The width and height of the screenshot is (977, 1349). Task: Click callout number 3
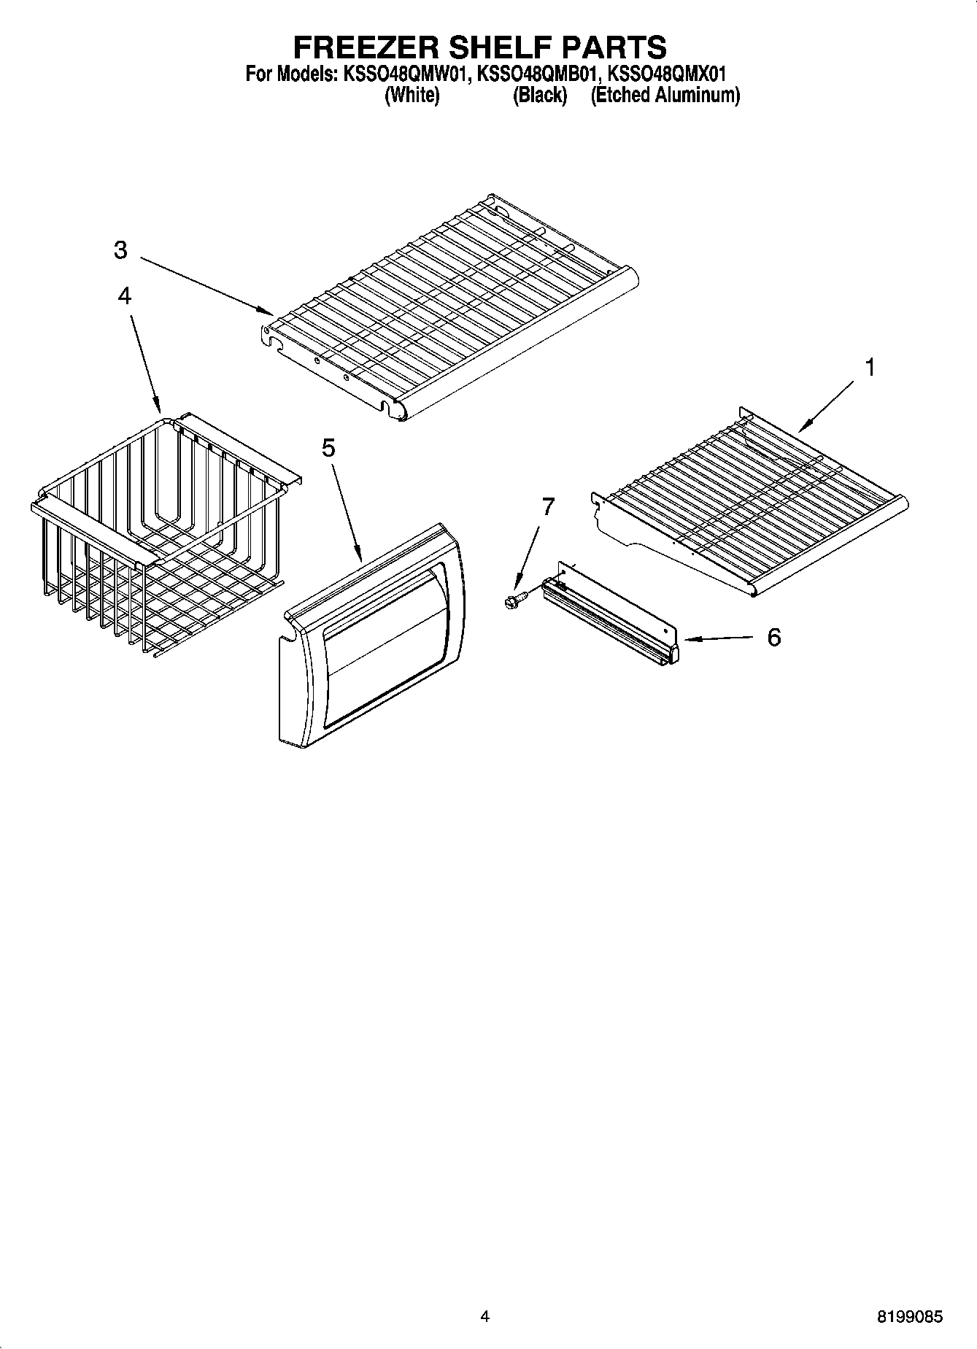120,250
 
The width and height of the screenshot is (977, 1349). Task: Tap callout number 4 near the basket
125,295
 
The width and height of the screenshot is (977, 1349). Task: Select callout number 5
328,448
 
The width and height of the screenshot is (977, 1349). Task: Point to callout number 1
869,368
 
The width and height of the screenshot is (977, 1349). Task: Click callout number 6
773,637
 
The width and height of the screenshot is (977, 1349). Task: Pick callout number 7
548,506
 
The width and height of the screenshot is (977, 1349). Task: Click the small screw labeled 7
511,601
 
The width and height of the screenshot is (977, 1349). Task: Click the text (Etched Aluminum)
665,96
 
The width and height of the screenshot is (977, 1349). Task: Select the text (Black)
540,96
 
